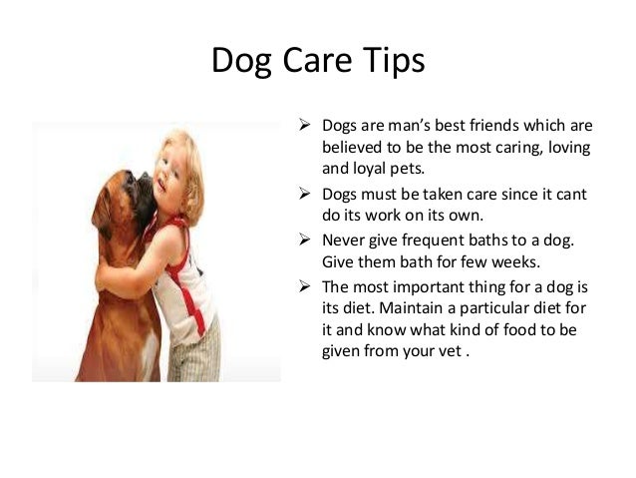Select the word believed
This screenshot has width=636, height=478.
click(353, 148)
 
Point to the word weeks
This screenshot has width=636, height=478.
click(515, 262)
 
